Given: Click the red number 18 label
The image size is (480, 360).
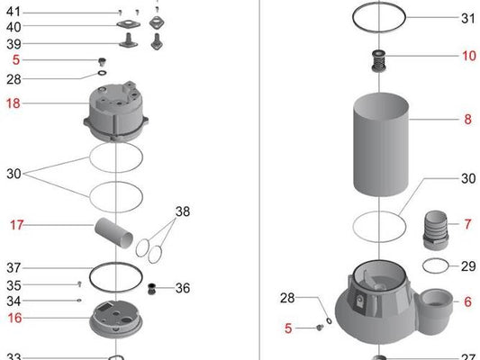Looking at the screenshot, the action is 14,103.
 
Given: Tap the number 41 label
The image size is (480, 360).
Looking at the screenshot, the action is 14,12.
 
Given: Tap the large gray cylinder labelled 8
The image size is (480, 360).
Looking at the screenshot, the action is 381,144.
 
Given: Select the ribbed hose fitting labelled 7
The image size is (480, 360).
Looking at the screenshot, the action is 435,230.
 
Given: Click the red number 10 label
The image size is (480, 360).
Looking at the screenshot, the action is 469,56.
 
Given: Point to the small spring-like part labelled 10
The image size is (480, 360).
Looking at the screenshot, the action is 378,61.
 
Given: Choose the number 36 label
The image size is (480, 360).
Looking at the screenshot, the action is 183,288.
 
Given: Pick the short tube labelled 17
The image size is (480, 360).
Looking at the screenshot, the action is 113,233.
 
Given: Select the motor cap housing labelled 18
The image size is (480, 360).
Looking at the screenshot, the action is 115,112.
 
